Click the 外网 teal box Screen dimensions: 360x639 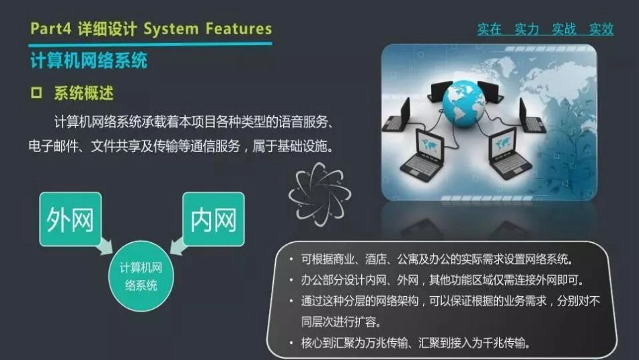70,219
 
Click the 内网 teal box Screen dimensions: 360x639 213,219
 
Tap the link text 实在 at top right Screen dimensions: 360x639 490,29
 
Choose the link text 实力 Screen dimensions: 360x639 527,29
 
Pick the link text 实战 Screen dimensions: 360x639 564,29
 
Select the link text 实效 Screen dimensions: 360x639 601,29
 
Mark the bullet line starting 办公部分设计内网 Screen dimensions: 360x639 441,280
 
